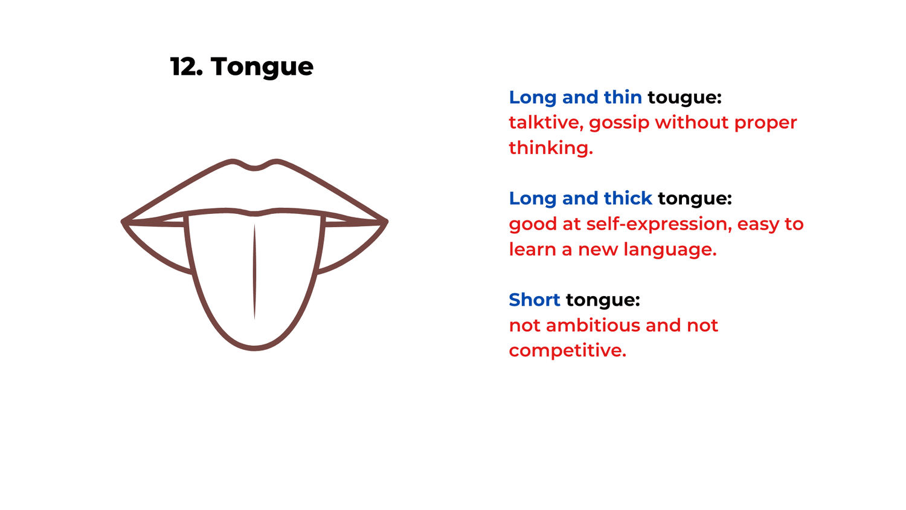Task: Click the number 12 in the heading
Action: point(183,66)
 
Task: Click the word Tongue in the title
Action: point(262,67)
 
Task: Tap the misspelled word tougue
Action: point(684,98)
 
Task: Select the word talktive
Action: point(545,123)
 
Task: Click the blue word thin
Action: point(623,97)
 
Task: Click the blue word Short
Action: point(534,300)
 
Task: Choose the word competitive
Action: point(567,351)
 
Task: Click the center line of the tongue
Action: point(254,272)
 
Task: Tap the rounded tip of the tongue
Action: point(254,347)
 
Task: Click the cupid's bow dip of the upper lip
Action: point(254,168)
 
